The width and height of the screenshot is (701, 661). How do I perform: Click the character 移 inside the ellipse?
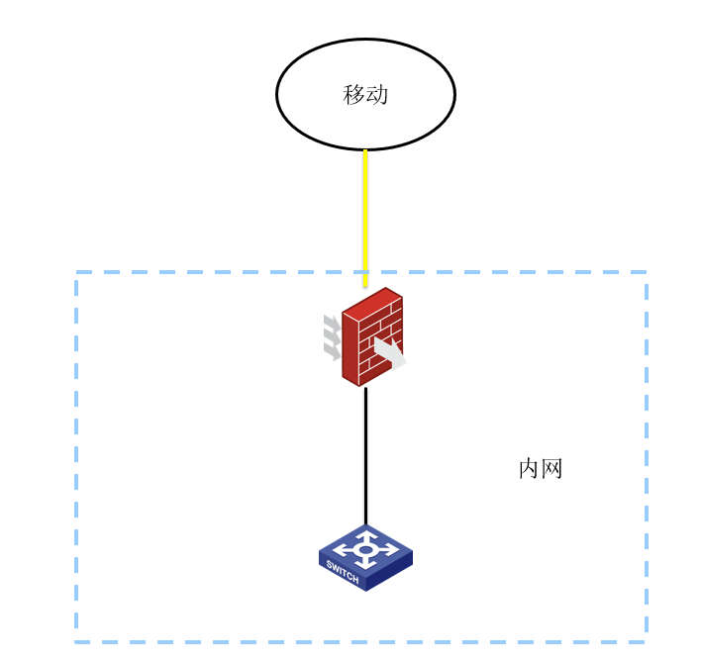353,95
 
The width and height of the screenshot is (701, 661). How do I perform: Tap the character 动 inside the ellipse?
377,95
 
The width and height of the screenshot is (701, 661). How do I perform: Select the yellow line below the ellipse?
365,218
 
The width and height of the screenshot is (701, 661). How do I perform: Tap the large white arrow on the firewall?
390,353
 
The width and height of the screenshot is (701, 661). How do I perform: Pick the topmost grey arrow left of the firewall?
333,323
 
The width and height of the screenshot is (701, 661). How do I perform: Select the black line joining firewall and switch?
365,456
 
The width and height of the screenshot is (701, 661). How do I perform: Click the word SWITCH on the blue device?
343,572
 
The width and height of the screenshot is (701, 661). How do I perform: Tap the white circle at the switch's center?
365,550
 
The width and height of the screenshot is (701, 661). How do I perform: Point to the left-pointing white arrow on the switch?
345,550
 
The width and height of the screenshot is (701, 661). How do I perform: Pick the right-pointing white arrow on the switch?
387,549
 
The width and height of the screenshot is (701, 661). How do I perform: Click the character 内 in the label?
529,469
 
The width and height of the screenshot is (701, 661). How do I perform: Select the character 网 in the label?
551,469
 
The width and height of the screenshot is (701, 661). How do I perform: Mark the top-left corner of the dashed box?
76,272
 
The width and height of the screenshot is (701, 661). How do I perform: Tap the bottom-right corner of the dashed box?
647,642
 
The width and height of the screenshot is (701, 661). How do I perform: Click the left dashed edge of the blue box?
76,457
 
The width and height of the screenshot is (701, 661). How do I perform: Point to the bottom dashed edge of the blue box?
361,642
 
